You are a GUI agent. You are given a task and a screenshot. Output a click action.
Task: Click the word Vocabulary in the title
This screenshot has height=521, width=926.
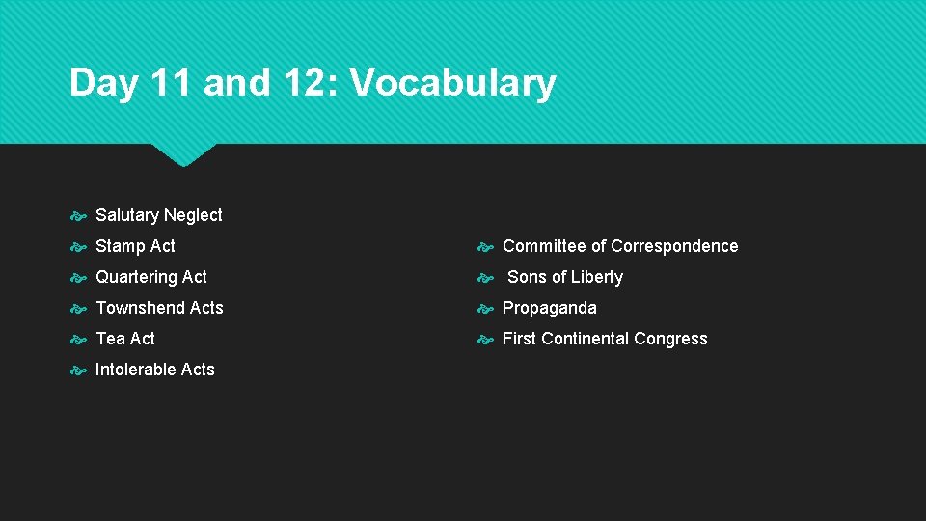point(452,84)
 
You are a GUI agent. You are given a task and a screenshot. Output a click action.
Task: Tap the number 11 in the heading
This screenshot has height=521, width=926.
point(171,83)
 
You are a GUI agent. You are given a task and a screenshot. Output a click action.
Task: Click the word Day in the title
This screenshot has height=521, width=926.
point(105,84)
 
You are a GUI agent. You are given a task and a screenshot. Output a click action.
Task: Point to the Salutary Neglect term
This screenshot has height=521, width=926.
point(159,215)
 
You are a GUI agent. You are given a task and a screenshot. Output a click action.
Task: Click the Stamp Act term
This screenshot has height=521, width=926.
point(135,246)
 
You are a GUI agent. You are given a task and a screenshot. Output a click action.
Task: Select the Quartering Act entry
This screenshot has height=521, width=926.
point(151,277)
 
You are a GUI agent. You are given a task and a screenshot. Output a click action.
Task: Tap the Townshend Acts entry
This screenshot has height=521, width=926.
point(159,308)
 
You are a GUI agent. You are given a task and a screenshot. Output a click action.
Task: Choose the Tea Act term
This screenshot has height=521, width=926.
point(125,339)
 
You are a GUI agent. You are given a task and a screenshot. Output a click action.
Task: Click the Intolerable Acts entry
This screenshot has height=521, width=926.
point(155,370)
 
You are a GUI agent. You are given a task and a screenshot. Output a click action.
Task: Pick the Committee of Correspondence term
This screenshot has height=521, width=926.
point(620,246)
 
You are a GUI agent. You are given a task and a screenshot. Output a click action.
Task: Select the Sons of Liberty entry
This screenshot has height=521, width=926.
point(565,277)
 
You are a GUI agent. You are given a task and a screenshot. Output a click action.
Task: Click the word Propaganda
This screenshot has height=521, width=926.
point(550,308)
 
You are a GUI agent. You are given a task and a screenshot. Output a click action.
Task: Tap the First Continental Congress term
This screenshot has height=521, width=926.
point(605,339)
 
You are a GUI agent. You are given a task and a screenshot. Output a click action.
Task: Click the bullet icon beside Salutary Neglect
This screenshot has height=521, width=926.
point(78,216)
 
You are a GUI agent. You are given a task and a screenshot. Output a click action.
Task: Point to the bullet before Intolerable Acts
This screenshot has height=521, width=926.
point(78,370)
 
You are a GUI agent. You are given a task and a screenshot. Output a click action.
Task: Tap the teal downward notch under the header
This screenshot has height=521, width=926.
point(183,153)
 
